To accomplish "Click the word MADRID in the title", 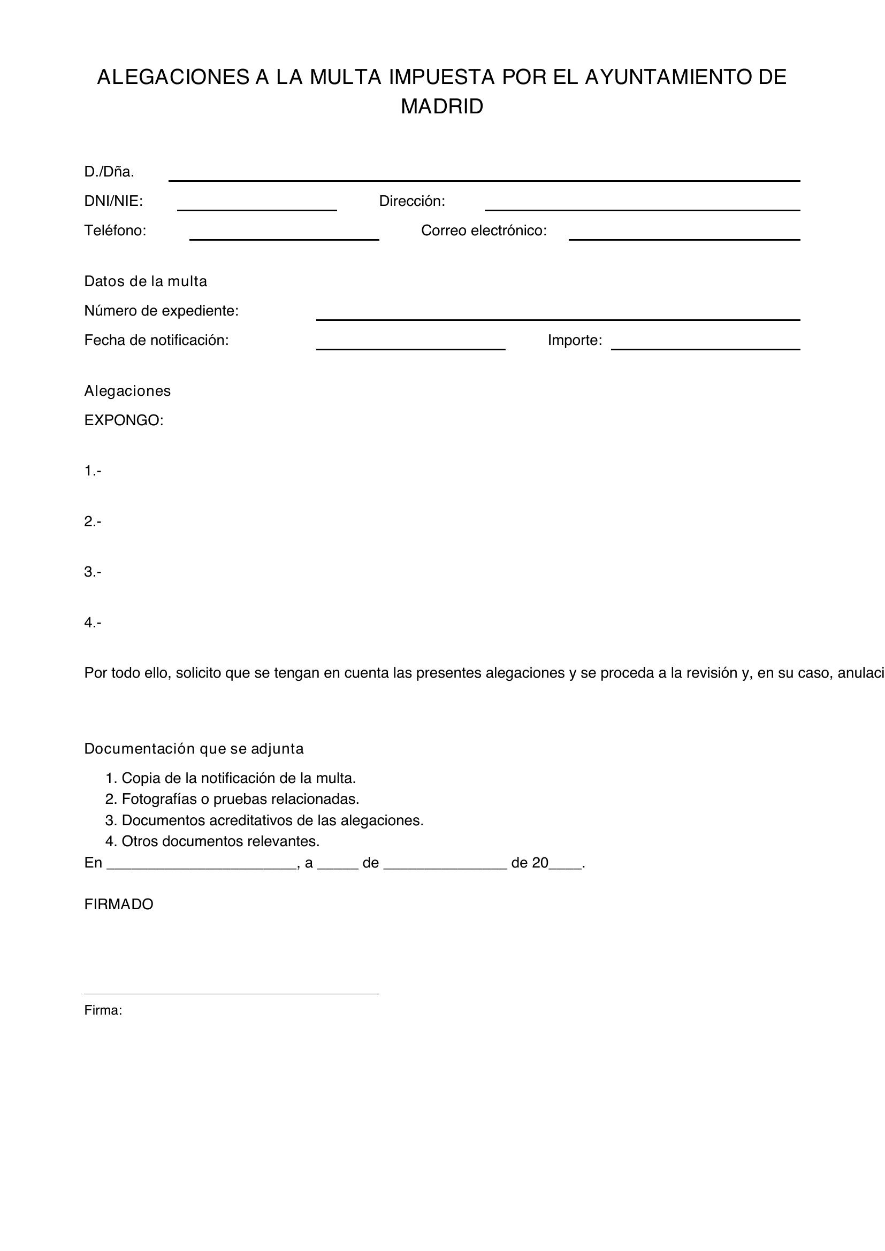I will pos(442,107).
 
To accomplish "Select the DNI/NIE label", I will pos(113,202).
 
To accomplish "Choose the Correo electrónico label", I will pos(483,231).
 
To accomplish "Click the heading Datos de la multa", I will pos(146,282).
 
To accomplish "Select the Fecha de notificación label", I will pos(156,341).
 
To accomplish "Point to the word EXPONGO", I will pos(124,420).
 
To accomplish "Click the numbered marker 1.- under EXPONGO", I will pos(93,471).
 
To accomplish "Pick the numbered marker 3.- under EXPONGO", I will pos(93,572).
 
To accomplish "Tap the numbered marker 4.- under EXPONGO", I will pos(93,623).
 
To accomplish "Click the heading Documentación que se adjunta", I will pos(194,749).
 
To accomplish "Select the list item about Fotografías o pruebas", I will pos(232,799).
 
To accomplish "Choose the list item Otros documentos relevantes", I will pos(212,842).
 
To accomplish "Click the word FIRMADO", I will pos(119,904).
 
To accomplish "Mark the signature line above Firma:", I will pos(232,993).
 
